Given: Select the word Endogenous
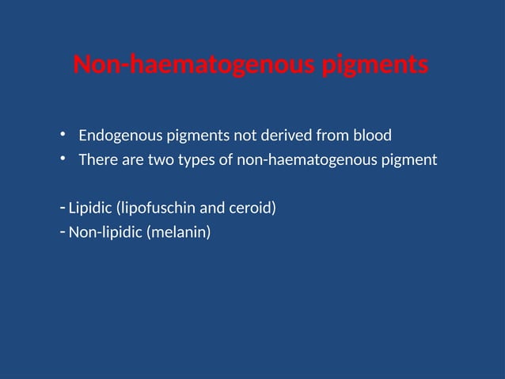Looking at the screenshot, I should [116, 135].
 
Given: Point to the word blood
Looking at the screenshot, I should [372, 135].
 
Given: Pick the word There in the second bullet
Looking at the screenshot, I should [97, 159].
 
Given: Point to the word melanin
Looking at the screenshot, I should [178, 233].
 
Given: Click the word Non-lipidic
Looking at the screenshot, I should [105, 233].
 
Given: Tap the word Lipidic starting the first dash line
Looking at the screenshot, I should [90, 209].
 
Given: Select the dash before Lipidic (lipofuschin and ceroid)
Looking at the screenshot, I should [63, 208].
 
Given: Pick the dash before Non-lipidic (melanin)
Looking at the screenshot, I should [63, 232].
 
